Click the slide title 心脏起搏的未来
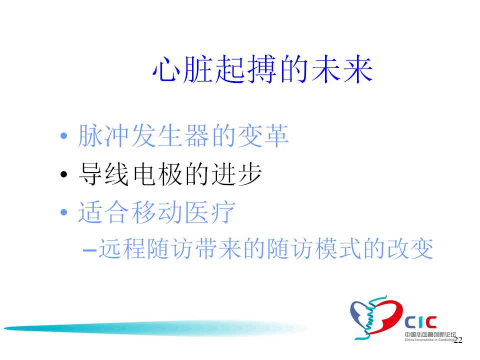pyautogui.click(x=262, y=70)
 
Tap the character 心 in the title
pyautogui.click(x=165, y=70)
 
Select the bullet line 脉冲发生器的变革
pyautogui.click(x=183, y=135)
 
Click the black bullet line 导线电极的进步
pyautogui.click(x=170, y=174)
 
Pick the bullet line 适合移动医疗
pyautogui.click(x=156, y=212)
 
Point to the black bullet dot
pyautogui.click(x=63, y=174)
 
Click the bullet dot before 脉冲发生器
pyautogui.click(x=63, y=136)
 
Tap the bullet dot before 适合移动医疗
pyautogui.click(x=63, y=212)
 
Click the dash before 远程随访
pyautogui.click(x=89, y=250)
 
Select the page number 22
pyautogui.click(x=458, y=340)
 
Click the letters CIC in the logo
pyautogui.click(x=420, y=322)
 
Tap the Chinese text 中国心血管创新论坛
pyautogui.click(x=430, y=334)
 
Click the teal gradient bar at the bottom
pyautogui.click(x=155, y=328)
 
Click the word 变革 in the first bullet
pyautogui.click(x=262, y=135)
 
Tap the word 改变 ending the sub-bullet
pyautogui.click(x=410, y=249)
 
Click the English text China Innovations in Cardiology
pyautogui.click(x=430, y=340)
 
